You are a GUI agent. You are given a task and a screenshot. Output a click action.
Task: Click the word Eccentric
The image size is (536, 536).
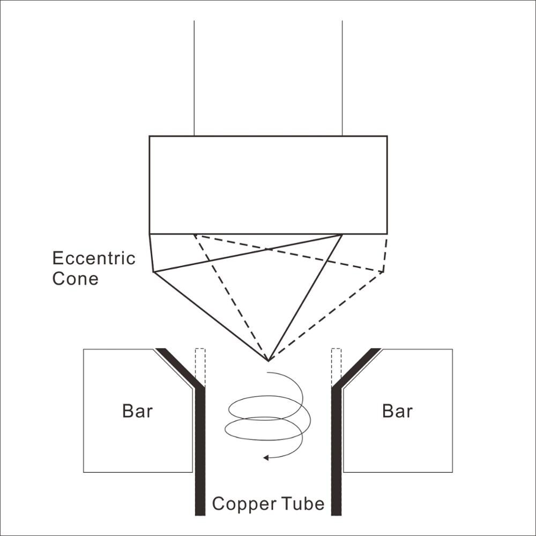[x=94, y=258]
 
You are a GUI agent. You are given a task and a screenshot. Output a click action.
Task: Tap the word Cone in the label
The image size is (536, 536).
[x=76, y=279]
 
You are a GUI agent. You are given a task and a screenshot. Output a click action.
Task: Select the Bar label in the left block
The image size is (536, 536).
[x=137, y=411]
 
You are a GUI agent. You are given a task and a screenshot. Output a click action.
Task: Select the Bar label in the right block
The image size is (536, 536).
[x=397, y=411]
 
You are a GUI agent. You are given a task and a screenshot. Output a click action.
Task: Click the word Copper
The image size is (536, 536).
[x=244, y=504]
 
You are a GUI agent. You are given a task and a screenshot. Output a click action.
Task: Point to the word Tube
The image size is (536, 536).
[x=303, y=504]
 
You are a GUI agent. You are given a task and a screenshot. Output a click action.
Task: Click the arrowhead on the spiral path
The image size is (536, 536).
[x=266, y=457]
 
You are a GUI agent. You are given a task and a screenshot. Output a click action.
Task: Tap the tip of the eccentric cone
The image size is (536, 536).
[x=269, y=361]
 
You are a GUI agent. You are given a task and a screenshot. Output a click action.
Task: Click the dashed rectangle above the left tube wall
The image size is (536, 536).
[x=200, y=367]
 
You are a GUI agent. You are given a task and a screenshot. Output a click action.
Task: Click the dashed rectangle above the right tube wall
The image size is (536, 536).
[x=337, y=367]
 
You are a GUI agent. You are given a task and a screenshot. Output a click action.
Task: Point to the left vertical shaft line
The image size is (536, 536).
[x=194, y=78]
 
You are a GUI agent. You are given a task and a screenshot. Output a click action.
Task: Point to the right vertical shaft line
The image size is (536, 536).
[x=342, y=78]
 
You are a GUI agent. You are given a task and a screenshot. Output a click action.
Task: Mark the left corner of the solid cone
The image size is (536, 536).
[x=153, y=272]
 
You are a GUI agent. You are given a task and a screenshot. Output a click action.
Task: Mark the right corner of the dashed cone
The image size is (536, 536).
[x=384, y=272]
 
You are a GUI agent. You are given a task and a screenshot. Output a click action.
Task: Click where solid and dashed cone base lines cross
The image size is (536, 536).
[x=269, y=250]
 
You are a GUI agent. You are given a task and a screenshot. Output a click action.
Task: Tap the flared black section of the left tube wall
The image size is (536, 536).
[x=180, y=368]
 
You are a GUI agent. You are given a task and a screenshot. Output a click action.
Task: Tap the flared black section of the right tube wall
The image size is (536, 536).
[x=356, y=368]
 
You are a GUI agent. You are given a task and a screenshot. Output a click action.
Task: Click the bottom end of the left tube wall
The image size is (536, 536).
[x=200, y=515]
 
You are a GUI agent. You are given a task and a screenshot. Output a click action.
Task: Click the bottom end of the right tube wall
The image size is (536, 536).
[x=337, y=515]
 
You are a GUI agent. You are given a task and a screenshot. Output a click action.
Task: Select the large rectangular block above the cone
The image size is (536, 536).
[x=269, y=185]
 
